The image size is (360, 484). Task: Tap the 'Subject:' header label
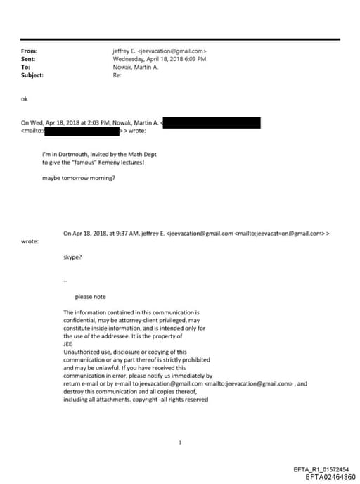pyautogui.click(x=32, y=75)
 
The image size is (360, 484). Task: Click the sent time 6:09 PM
pyautogui.click(x=194, y=59)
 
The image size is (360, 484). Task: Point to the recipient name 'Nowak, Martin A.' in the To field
pyautogui.click(x=136, y=67)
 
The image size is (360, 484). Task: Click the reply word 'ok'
pyautogui.click(x=25, y=99)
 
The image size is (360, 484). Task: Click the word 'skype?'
pyautogui.click(x=72, y=258)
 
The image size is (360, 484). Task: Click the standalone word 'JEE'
pyautogui.click(x=68, y=344)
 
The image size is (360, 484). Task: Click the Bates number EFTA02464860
pyautogui.click(x=330, y=477)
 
